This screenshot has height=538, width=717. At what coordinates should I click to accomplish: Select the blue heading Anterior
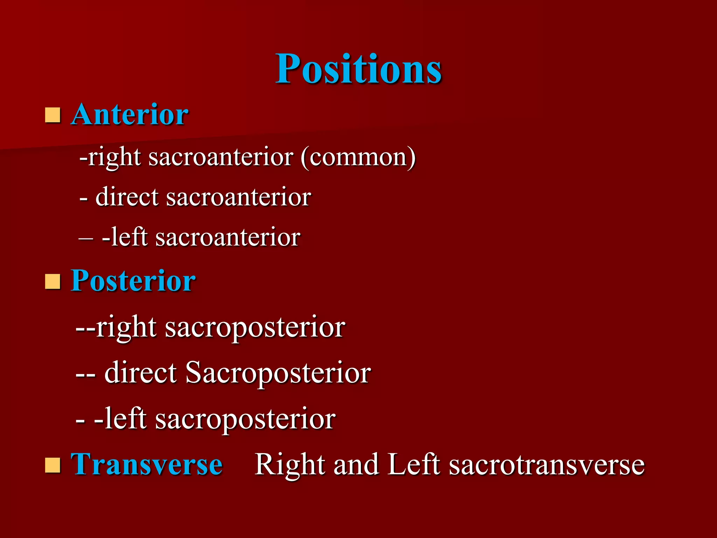(130, 115)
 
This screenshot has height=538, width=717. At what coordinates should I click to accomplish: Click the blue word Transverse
(146, 464)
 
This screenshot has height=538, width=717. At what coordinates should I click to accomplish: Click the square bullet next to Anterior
(53, 115)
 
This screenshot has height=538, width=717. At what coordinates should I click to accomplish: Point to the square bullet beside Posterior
(53, 282)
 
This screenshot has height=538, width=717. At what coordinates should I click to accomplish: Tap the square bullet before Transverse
(53, 465)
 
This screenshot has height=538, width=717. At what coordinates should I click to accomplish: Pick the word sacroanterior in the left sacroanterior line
(228, 237)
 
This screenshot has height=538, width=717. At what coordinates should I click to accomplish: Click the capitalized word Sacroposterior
(278, 373)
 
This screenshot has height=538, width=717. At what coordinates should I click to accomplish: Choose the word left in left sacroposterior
(125, 418)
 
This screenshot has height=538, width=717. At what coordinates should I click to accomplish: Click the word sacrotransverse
(547, 465)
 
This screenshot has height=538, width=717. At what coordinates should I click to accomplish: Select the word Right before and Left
(290, 464)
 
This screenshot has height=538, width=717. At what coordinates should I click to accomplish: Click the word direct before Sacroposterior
(140, 373)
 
